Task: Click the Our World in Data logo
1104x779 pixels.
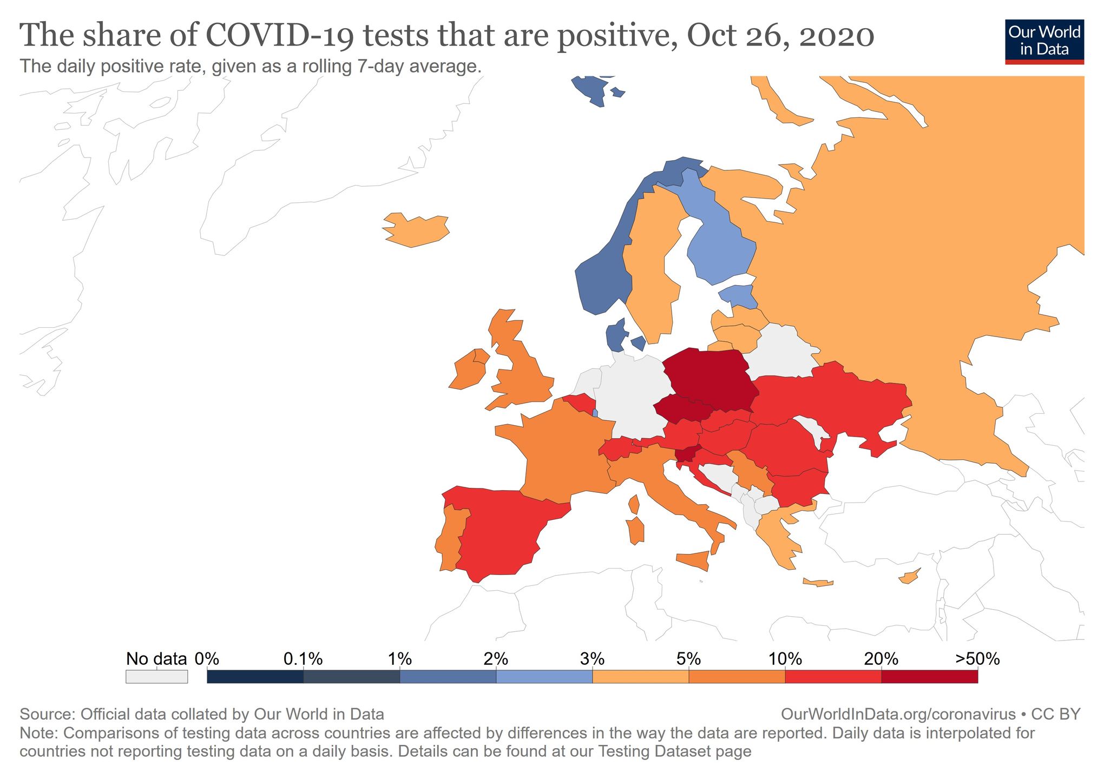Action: click(x=1044, y=42)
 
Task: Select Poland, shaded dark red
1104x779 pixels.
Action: click(x=709, y=379)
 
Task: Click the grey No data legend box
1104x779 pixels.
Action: click(x=156, y=676)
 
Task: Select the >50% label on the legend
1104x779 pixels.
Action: click(x=977, y=659)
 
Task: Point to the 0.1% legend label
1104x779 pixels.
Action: click(x=303, y=659)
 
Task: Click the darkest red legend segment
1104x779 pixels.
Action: click(x=929, y=676)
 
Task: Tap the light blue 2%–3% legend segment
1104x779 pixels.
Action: click(x=544, y=676)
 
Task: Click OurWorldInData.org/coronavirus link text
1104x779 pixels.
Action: click(x=898, y=714)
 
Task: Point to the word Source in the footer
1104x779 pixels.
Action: click(x=47, y=714)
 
